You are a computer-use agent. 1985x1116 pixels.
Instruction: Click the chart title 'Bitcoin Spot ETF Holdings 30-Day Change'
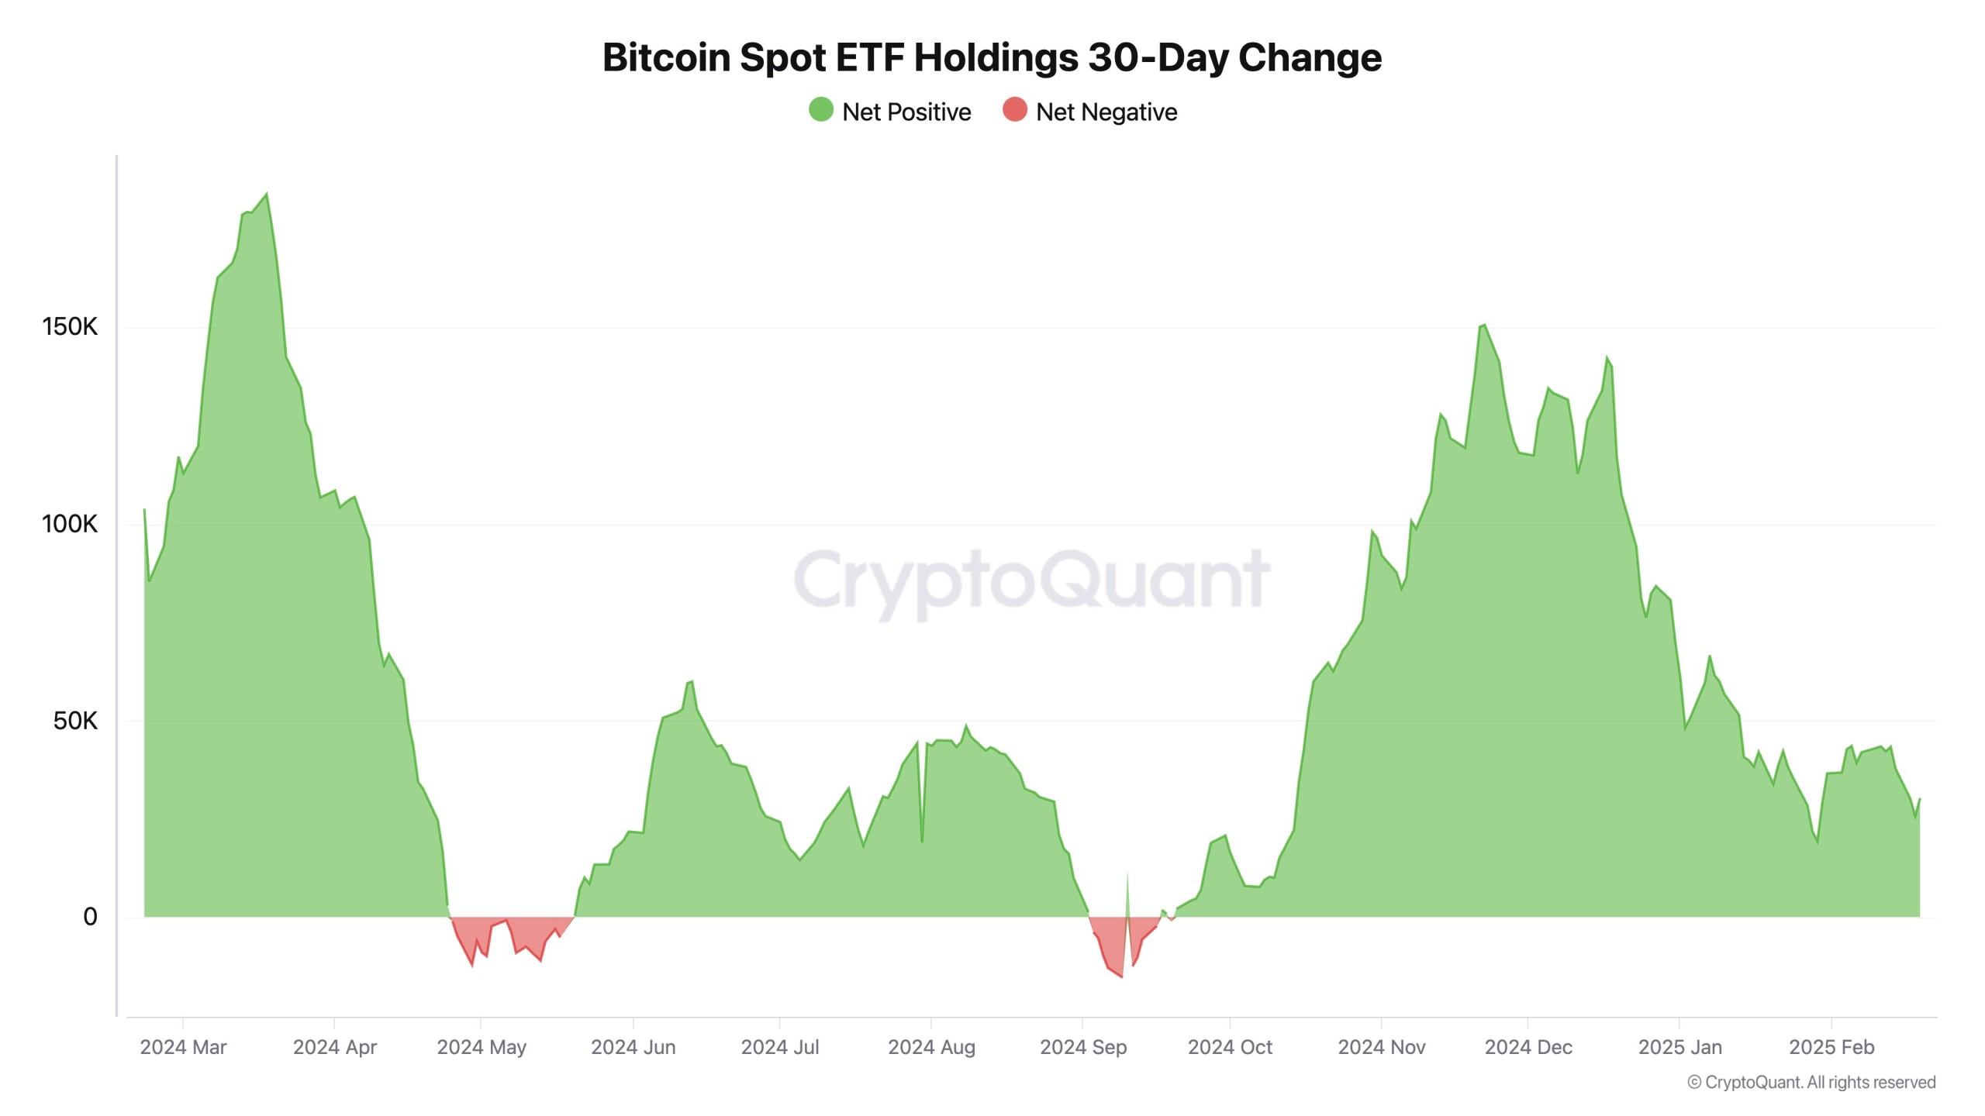tap(992, 57)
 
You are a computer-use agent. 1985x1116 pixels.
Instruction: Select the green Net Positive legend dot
tap(820, 110)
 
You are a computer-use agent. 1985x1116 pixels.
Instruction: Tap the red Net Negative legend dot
tap(1014, 110)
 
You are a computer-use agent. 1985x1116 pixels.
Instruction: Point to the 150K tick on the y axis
tap(70, 326)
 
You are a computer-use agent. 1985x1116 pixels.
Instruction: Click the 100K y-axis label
tap(70, 524)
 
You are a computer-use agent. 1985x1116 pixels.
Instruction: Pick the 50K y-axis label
tap(75, 721)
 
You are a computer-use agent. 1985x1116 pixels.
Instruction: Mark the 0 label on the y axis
tap(90, 917)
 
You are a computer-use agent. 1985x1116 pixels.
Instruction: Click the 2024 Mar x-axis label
tap(183, 1047)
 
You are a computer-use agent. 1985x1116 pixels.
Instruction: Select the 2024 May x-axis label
tap(482, 1047)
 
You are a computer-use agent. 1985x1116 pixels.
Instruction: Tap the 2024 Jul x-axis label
tap(780, 1047)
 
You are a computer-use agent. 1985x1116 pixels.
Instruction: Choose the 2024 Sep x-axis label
tap(1082, 1047)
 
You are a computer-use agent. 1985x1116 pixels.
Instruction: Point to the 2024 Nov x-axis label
tap(1381, 1047)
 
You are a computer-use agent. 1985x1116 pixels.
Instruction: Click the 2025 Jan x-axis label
tap(1679, 1047)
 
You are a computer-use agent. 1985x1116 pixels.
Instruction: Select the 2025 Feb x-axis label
tap(1831, 1047)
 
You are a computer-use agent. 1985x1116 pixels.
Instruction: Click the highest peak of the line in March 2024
tap(267, 194)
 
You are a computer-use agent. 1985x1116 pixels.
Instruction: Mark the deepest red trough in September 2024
tap(1121, 976)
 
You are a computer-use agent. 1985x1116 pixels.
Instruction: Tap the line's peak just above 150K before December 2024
tap(1483, 325)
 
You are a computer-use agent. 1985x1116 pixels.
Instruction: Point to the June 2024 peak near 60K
tap(691, 681)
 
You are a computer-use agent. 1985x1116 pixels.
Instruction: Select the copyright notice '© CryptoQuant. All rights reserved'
tap(1811, 1083)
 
